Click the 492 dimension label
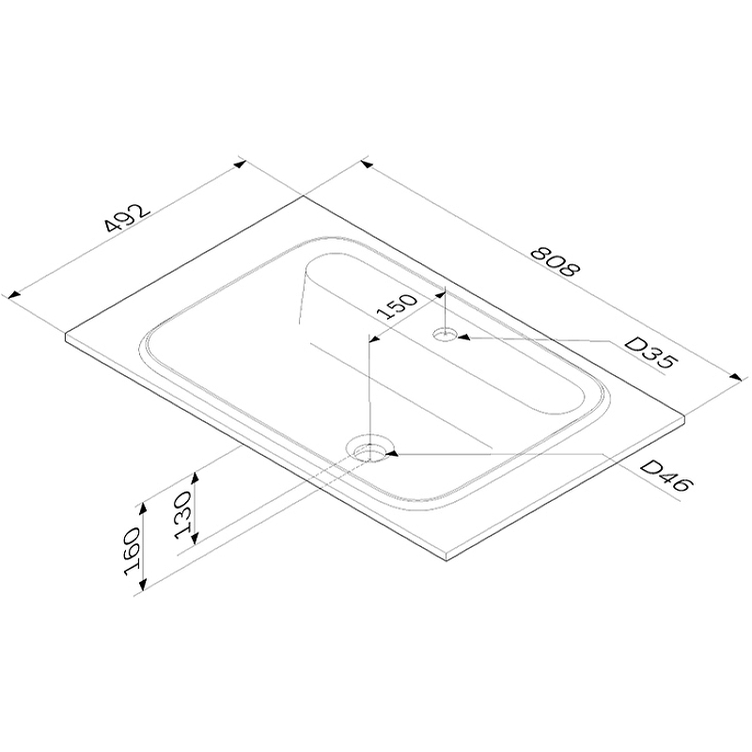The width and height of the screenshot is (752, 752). point(128,219)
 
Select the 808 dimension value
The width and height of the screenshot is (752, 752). point(556,262)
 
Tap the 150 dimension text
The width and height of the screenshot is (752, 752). point(397,306)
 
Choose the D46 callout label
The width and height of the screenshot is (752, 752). point(666,476)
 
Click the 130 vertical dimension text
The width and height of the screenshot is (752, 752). point(183,514)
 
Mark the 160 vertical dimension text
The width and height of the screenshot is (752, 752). point(132,551)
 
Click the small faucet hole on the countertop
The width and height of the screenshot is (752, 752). point(445,335)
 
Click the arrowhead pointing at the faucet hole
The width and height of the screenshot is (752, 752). point(463,337)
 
